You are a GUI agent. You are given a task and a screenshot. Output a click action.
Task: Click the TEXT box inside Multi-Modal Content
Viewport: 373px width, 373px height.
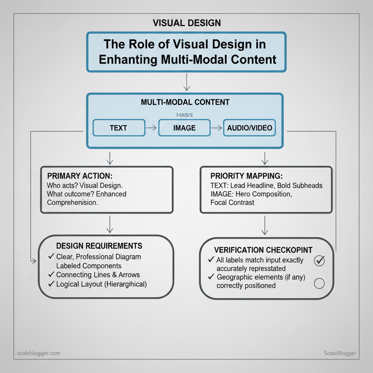click(x=119, y=128)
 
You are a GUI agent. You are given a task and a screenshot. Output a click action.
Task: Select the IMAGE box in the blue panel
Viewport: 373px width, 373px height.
click(x=184, y=128)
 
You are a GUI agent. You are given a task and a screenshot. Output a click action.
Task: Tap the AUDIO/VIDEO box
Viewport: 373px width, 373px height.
click(x=249, y=128)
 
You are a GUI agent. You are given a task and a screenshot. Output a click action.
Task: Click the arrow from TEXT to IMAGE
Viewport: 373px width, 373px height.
click(x=152, y=128)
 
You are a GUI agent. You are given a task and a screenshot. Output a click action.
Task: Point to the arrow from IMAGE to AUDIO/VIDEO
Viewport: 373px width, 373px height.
click(x=216, y=128)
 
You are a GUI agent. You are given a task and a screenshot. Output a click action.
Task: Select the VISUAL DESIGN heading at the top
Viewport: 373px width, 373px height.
click(x=186, y=23)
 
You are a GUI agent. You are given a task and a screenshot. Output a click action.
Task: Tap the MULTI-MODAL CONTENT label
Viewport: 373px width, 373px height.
click(x=185, y=102)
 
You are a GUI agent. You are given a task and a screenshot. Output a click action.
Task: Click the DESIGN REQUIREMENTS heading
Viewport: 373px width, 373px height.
click(x=99, y=246)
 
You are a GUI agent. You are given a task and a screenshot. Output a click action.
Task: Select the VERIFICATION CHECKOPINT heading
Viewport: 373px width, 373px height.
click(x=263, y=250)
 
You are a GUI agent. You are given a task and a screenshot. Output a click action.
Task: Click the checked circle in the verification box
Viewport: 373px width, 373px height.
click(x=319, y=260)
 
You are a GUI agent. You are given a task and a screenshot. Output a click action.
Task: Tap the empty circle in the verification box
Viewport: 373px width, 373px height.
click(x=319, y=283)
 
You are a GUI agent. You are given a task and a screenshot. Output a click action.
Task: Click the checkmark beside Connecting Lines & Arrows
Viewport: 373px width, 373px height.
click(x=51, y=275)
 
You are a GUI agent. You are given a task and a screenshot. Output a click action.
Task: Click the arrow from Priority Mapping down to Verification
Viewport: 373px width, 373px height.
click(x=265, y=226)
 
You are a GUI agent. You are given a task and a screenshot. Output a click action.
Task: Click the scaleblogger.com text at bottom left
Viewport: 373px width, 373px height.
click(x=39, y=353)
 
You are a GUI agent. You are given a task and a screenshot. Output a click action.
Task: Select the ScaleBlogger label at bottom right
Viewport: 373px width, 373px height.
click(x=340, y=353)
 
